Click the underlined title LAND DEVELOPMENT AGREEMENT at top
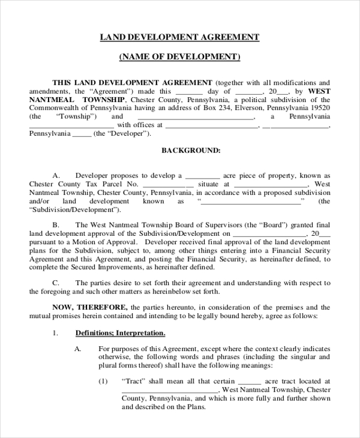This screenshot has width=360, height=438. point(180,37)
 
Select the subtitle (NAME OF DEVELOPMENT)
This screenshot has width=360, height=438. point(180,57)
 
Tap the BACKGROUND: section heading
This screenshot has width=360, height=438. point(191,150)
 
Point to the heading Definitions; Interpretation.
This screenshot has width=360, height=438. point(120,332)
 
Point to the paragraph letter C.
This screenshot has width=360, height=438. point(56,282)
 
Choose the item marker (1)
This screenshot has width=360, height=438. point(103,381)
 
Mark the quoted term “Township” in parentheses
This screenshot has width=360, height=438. point(76,116)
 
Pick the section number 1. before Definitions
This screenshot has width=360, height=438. point(55,332)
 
